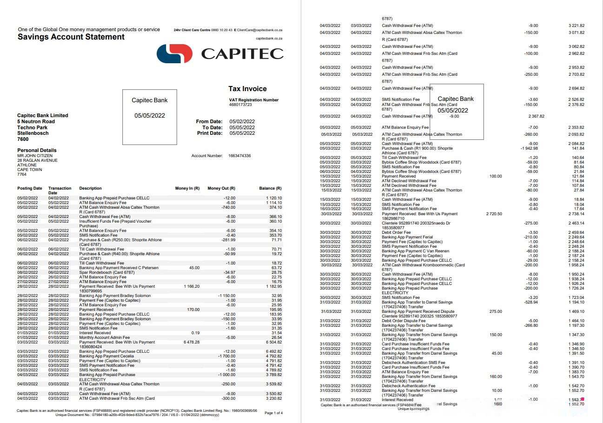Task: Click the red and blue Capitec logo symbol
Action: point(174,53)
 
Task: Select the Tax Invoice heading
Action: point(247,89)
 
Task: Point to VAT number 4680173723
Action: point(240,105)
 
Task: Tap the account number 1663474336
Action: point(239,156)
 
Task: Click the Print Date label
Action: point(210,133)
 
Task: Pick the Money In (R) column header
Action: point(187,188)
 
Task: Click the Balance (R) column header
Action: point(270,188)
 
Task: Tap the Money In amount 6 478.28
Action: point(192,342)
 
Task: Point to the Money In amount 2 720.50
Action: point(494,214)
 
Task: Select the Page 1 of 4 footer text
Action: point(273,413)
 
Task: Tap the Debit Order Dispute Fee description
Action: point(404,321)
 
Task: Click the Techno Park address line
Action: point(33,127)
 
